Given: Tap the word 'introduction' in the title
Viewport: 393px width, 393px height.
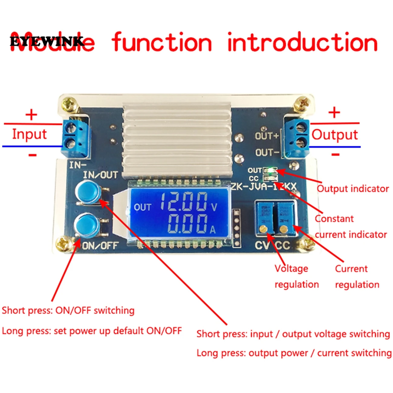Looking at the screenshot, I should point(302,42).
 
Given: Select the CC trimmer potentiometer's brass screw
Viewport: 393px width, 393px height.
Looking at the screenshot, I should point(284,229).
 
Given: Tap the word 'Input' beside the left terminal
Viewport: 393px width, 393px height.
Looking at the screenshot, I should point(29,134).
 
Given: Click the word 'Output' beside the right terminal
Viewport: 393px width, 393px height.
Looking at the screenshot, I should point(335,135).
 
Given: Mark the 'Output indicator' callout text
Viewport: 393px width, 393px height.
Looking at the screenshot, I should point(352,189).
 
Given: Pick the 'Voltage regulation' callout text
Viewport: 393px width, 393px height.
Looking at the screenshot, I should point(296,276).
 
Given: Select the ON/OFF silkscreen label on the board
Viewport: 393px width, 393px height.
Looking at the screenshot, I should point(100,245).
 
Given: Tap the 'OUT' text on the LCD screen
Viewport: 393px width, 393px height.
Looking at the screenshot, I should point(142,207).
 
